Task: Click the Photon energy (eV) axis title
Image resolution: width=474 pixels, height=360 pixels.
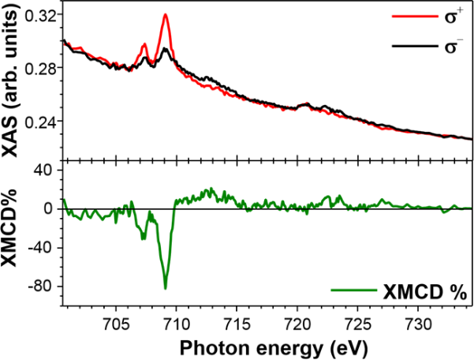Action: click(261, 346)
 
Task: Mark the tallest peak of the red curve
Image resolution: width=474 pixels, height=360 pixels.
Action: click(166, 14)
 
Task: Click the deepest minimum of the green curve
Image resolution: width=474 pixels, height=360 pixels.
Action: click(166, 288)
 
